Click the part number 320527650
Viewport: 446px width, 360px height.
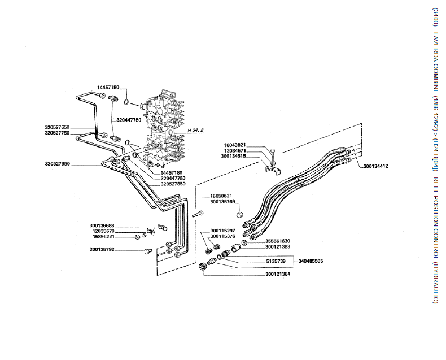pyautogui.click(x=58, y=128)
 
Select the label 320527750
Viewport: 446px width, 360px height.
pyautogui.click(x=58, y=133)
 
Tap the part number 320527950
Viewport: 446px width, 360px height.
pyautogui.click(x=58, y=164)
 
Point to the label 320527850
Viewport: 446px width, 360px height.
pyautogui.click(x=173, y=184)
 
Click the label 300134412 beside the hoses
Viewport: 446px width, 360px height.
pyautogui.click(x=376, y=166)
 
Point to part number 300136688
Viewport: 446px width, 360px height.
pyautogui.click(x=102, y=225)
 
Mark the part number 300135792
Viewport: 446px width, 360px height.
pyautogui.click(x=102, y=249)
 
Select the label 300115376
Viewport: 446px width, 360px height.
pyautogui.click(x=222, y=236)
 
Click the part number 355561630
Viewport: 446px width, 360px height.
pyautogui.click(x=277, y=241)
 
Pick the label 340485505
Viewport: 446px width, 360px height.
pyautogui.click(x=311, y=261)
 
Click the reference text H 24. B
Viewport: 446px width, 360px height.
pyautogui.click(x=195, y=129)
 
